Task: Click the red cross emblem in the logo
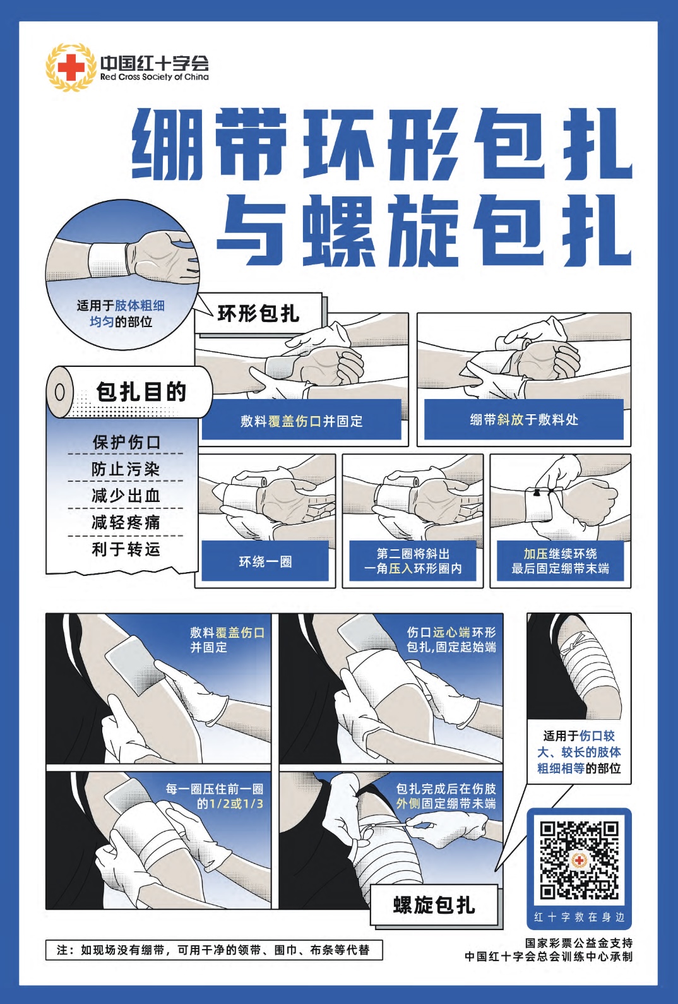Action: coord(70,67)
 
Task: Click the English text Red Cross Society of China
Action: coord(154,77)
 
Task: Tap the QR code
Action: coord(579,859)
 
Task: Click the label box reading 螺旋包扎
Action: coord(434,905)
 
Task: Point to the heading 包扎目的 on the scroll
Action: coord(141,391)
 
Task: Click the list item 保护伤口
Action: coord(126,442)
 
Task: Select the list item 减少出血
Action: coord(126,496)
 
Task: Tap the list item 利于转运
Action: coord(126,549)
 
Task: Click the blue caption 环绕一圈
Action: coord(265,561)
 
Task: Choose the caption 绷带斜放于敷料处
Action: coord(523,420)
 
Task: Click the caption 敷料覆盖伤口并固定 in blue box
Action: coord(301,421)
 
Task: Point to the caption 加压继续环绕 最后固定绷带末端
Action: coord(560,561)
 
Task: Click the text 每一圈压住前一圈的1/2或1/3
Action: coord(214,796)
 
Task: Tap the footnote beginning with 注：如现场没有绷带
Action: coord(213,950)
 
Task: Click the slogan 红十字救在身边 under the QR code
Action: coord(579,917)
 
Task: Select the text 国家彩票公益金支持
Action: coord(578,943)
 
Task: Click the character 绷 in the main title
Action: coord(166,143)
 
